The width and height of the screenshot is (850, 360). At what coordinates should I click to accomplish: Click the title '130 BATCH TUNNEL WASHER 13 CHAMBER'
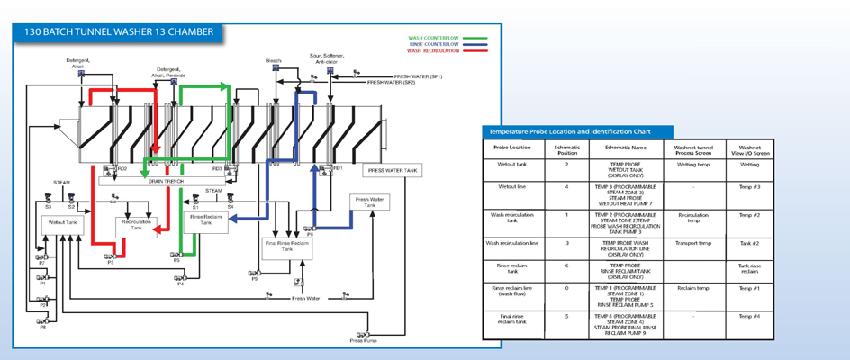tap(120, 31)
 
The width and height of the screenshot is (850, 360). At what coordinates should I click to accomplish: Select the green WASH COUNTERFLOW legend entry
tap(433, 38)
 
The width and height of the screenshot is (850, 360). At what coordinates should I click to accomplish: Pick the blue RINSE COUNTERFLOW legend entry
tap(433, 44)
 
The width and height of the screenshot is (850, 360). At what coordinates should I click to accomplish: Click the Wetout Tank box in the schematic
tap(63, 222)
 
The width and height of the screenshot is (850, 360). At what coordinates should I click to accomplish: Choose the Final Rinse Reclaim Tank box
tap(286, 246)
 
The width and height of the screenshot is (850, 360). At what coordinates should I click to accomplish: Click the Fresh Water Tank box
tap(369, 202)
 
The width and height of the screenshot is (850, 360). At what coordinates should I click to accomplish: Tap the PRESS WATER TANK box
tap(393, 169)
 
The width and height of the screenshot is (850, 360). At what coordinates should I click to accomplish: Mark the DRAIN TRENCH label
tap(167, 181)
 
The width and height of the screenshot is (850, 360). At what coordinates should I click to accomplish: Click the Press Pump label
tap(362, 341)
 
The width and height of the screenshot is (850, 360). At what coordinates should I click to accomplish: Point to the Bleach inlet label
tap(273, 60)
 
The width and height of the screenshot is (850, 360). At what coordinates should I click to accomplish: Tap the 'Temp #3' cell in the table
tap(749, 187)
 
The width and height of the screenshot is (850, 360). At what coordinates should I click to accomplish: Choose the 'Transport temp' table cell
tap(693, 243)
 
